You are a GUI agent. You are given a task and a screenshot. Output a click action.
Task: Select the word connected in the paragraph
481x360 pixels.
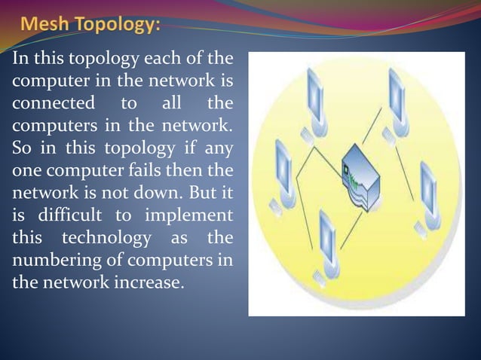[50, 102]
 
